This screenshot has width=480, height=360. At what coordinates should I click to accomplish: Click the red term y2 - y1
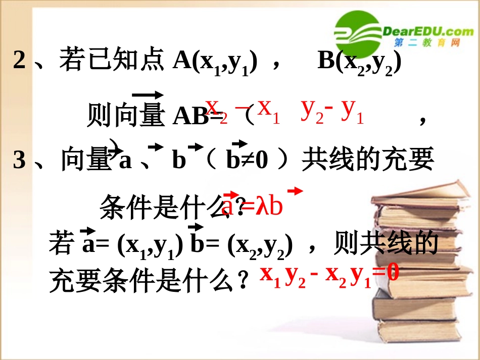(332, 110)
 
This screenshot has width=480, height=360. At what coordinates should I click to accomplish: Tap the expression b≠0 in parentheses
(247, 161)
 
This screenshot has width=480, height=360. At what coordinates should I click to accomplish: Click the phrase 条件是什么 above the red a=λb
(162, 207)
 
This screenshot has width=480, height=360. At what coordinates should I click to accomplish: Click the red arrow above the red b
(295, 191)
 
